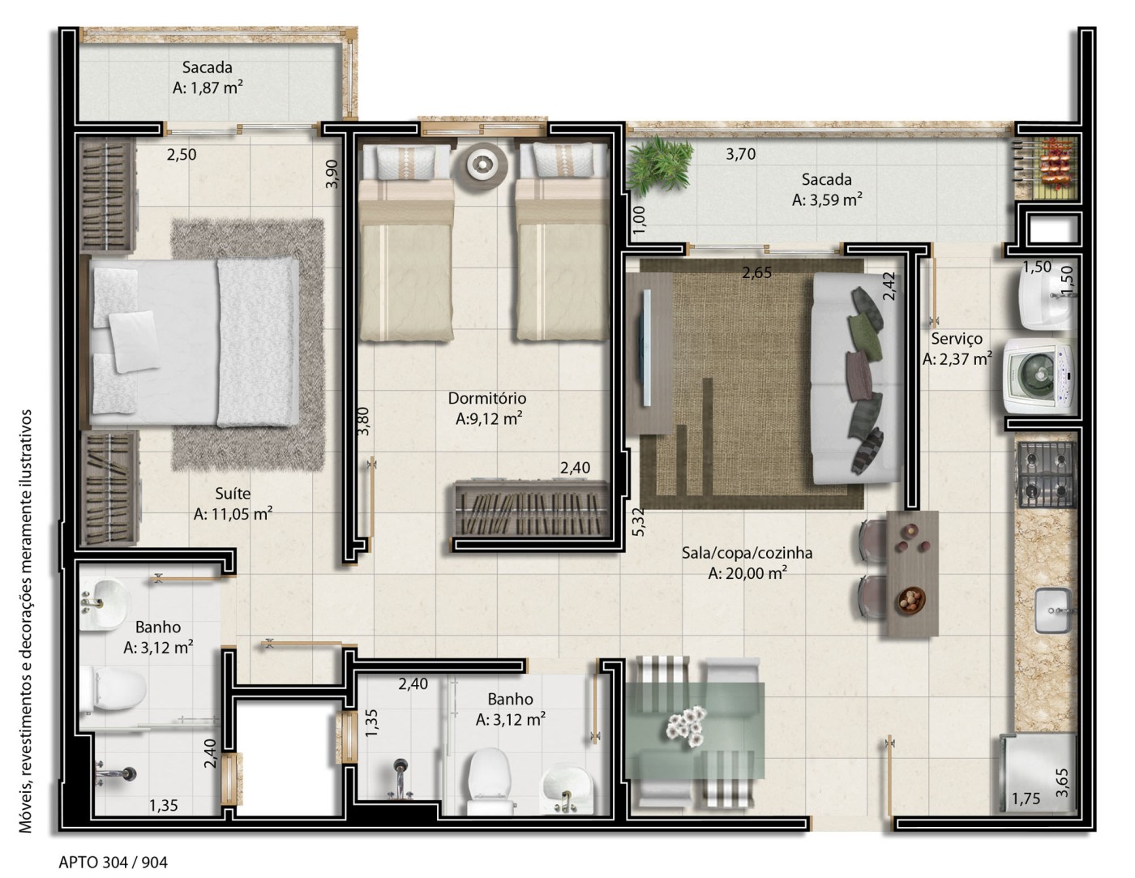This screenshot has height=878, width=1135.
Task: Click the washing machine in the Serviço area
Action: coord(1039,375)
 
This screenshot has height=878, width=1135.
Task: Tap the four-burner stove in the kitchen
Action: coord(1046,474)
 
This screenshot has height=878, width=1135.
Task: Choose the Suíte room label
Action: coord(233,494)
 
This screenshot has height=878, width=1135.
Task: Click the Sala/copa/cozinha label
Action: coord(747,553)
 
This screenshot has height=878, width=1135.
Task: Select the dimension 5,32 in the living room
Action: coord(638,522)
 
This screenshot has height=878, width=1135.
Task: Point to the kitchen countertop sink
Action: coord(1053,610)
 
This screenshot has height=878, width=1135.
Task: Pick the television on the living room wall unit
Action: coord(645,347)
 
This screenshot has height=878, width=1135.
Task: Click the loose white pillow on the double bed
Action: coord(133,341)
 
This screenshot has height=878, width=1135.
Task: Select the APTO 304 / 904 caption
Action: coord(113,863)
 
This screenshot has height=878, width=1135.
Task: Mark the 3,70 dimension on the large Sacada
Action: coord(741,154)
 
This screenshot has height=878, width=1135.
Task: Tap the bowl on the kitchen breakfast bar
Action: coord(912,602)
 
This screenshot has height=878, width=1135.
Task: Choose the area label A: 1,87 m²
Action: coord(208,88)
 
